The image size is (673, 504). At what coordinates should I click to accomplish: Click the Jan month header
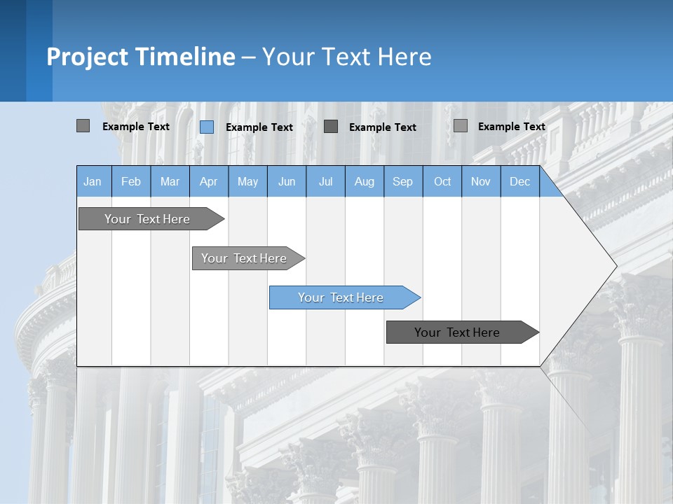click(x=93, y=181)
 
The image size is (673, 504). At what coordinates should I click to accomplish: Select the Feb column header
click(x=131, y=181)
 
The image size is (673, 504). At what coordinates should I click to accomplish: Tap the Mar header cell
click(x=170, y=181)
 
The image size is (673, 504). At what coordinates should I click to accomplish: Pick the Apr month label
click(x=209, y=181)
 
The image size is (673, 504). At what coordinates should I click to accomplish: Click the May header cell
click(x=247, y=181)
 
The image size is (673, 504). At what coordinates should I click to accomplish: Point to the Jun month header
click(x=287, y=181)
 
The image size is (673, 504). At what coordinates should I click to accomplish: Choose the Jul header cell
click(x=325, y=181)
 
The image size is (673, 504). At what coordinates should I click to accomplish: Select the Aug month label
click(x=365, y=181)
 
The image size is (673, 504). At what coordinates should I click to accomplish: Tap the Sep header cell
click(x=403, y=181)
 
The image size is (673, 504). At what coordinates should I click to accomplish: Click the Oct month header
click(x=442, y=181)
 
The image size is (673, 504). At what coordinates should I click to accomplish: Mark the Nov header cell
click(x=481, y=181)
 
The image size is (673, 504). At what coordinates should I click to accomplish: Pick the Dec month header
click(x=520, y=181)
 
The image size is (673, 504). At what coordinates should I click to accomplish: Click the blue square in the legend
click(x=207, y=127)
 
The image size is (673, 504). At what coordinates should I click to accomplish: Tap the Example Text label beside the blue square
click(x=259, y=127)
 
